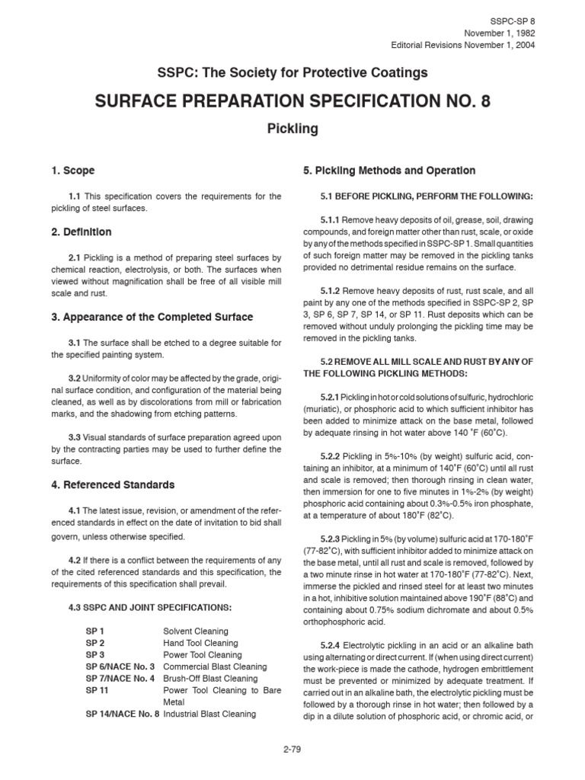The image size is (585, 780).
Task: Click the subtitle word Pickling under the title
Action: [292, 129]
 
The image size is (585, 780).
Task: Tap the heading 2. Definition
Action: [78, 232]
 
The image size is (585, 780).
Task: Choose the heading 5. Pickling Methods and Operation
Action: [389, 171]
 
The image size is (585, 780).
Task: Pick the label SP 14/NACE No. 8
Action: [122, 714]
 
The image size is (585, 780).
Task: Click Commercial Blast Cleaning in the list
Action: [215, 667]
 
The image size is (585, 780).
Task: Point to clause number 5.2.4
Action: [334, 645]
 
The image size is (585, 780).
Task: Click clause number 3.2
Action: [75, 378]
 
